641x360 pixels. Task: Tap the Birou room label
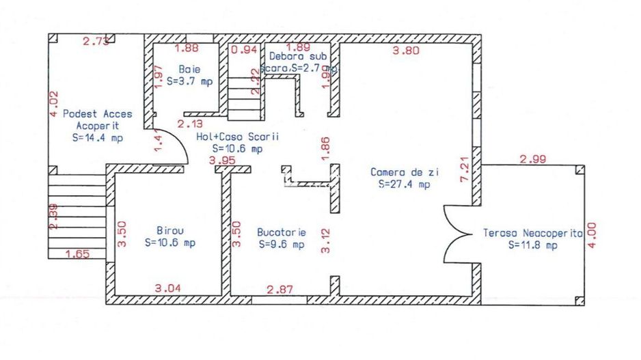(x=169, y=230)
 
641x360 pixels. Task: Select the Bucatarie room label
(x=281, y=232)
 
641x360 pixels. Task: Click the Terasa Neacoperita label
(x=532, y=233)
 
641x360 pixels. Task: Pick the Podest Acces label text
(x=98, y=114)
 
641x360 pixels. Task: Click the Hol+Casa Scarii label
(x=237, y=137)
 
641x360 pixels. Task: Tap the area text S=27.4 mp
(x=404, y=184)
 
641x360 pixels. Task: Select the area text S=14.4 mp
(x=97, y=138)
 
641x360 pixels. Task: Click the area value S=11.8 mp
(x=532, y=245)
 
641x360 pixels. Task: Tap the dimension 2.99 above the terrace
(x=533, y=160)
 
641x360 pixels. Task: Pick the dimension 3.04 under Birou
(x=168, y=288)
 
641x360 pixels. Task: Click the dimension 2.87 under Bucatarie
(x=279, y=289)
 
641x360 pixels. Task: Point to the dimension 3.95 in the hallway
(x=222, y=160)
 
